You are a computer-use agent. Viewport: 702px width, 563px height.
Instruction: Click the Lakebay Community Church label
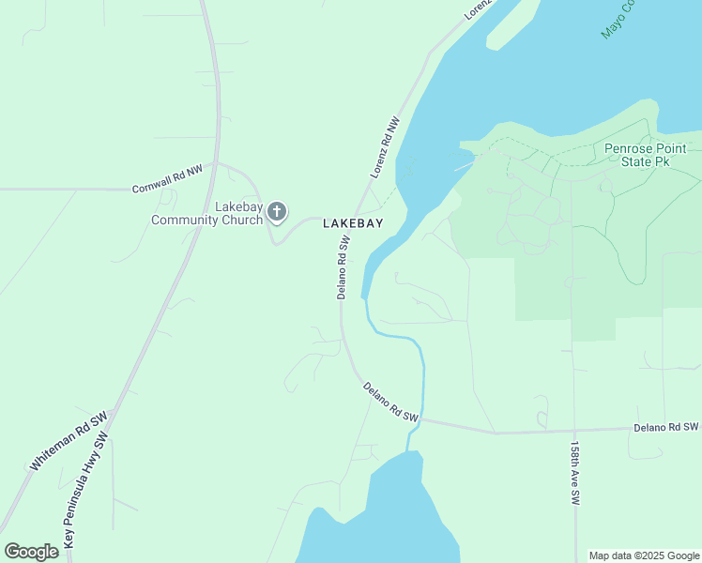point(207,213)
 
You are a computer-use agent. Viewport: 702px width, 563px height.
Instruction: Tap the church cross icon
point(277,212)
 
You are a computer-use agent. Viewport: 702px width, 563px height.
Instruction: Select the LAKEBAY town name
point(353,223)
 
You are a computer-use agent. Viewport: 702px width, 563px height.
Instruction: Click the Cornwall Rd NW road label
point(167,179)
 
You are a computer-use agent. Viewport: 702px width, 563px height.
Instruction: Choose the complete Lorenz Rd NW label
point(385,147)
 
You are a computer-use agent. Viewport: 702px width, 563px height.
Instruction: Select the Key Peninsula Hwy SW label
point(87,491)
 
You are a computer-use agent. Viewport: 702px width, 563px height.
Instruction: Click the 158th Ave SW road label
point(574,473)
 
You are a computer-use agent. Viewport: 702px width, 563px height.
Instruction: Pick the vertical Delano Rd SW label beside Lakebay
point(343,267)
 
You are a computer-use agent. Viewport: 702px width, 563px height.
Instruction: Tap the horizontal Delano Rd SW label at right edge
point(666,427)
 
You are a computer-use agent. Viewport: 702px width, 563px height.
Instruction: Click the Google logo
point(31,552)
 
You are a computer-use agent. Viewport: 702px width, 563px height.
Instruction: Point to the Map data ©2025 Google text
point(643,555)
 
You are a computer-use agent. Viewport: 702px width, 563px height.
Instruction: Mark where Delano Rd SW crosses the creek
point(421,419)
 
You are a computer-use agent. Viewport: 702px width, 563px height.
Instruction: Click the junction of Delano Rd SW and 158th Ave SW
point(572,431)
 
